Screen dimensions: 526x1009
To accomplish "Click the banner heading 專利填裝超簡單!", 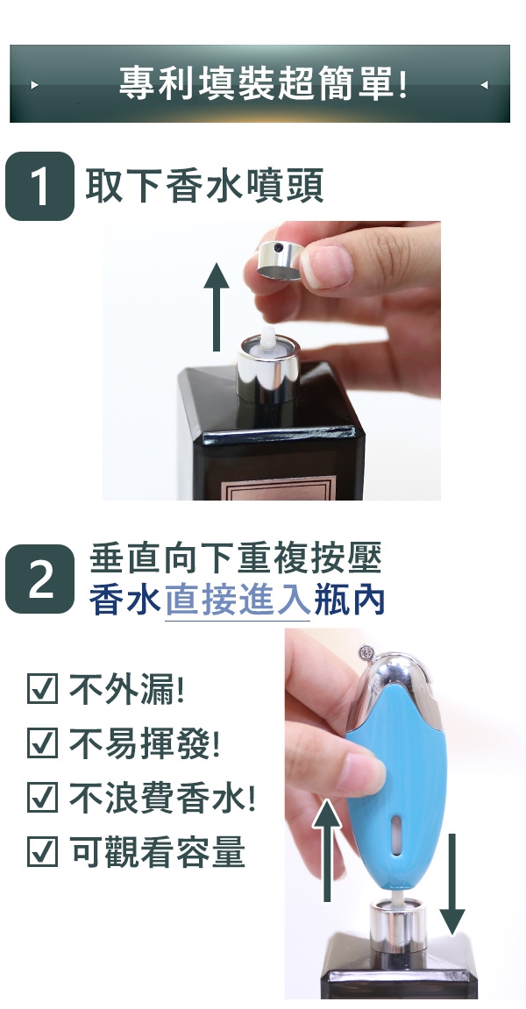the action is coord(263,83).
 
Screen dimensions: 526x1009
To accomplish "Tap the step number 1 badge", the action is coord(40,186).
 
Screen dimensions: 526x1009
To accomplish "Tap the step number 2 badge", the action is coord(40,579).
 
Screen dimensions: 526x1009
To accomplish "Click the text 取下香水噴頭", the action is coord(204,185).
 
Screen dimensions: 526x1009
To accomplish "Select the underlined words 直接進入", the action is coord(238,600).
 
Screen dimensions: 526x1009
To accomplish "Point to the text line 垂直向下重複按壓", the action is coord(236,558).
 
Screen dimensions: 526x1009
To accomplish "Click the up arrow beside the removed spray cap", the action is coord(217,307).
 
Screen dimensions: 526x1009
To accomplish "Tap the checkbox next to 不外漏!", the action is coord(42,688).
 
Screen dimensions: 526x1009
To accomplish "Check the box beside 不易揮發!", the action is coord(42,743).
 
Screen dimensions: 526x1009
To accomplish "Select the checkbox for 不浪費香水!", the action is coord(42,797).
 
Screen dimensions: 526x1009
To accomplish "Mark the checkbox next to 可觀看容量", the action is coord(42,850).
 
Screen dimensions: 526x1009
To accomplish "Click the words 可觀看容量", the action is coord(157,851).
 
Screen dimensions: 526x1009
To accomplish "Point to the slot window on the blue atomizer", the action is coord(397,835).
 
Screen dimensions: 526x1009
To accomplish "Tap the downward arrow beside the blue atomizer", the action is coord(452,884).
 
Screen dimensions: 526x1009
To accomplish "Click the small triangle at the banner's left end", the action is coord(35,84).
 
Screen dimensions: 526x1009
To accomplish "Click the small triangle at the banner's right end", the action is coord(485,84).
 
